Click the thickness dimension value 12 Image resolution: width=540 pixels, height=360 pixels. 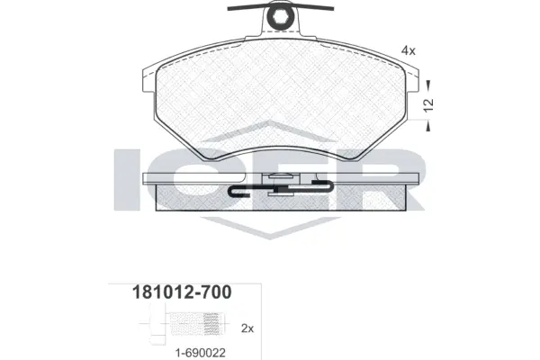[x=430, y=104]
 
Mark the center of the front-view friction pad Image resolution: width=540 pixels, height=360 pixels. [x=278, y=99]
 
